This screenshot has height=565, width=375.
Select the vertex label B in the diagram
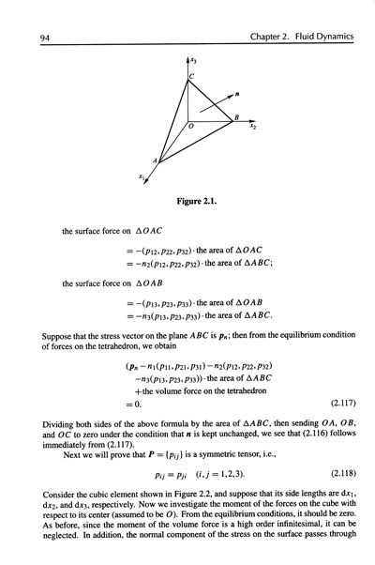[235, 116]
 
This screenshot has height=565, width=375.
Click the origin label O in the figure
[190, 125]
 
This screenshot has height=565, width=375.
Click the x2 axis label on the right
[253, 128]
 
